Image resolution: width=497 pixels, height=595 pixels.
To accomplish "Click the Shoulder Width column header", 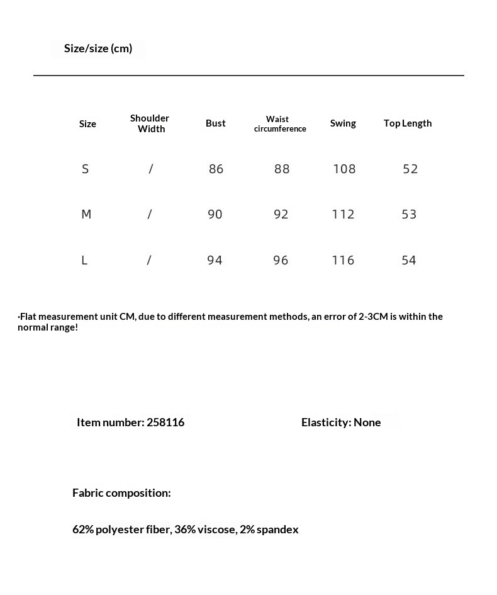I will click(x=150, y=123).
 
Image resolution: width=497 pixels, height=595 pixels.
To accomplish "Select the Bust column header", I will click(x=216, y=123).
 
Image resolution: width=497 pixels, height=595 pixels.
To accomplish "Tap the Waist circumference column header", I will click(x=280, y=123).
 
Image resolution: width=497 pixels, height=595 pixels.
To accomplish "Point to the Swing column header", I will click(x=343, y=123).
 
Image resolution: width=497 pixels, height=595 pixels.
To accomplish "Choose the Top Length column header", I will click(x=408, y=123).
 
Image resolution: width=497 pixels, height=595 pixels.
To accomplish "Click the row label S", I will click(x=86, y=169).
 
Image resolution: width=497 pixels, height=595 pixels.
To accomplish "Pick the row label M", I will click(x=86, y=214).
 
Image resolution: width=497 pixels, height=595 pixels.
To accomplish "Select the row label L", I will click(x=84, y=260).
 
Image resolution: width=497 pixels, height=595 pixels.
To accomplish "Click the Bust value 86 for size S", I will click(x=216, y=169).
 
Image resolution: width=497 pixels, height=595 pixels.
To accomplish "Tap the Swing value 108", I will click(x=344, y=169).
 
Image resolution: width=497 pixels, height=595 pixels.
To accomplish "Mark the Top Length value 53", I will click(x=409, y=214).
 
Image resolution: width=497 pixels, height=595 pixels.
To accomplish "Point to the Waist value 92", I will click(x=281, y=214).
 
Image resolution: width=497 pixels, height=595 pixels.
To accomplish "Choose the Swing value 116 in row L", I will click(x=343, y=260).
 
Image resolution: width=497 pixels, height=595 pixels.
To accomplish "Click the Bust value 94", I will click(x=215, y=260).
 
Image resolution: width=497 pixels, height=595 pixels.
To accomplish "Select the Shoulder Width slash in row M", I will click(x=150, y=214).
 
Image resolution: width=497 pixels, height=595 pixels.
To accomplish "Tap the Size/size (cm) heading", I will click(x=98, y=48).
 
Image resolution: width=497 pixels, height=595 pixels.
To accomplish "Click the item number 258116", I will click(x=165, y=422).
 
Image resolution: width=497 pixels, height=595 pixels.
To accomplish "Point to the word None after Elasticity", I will click(x=367, y=422).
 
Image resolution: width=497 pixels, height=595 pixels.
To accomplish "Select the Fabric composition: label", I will click(x=121, y=493).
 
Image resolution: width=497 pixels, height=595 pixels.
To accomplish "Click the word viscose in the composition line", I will click(x=216, y=530).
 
